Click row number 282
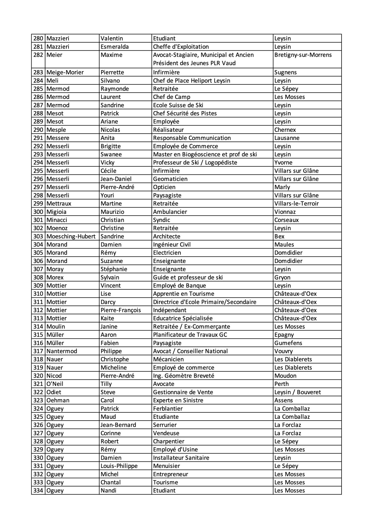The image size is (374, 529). point(38,55)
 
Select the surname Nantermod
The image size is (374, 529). point(62,351)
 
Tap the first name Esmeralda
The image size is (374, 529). point(114,47)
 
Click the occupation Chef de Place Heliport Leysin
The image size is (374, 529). point(191,81)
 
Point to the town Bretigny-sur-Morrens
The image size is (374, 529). point(303,55)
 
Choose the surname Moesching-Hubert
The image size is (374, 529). point(71,236)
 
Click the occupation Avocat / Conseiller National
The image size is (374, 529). point(190,351)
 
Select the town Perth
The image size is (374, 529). point(281,384)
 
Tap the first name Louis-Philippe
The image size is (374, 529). point(119,466)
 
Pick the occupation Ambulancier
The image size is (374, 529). point(170,212)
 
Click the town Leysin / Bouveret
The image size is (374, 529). point(297,392)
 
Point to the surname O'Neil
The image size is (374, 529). point(55,384)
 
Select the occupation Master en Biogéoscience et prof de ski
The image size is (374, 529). point(205,155)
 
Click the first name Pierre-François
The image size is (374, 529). point(120,310)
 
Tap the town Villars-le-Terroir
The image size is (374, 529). point(296,204)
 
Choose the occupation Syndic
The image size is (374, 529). point(161,220)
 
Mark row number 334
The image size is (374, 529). point(38,490)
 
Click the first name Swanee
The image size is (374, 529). point(111,155)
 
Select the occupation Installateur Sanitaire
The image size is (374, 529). point(181,458)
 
